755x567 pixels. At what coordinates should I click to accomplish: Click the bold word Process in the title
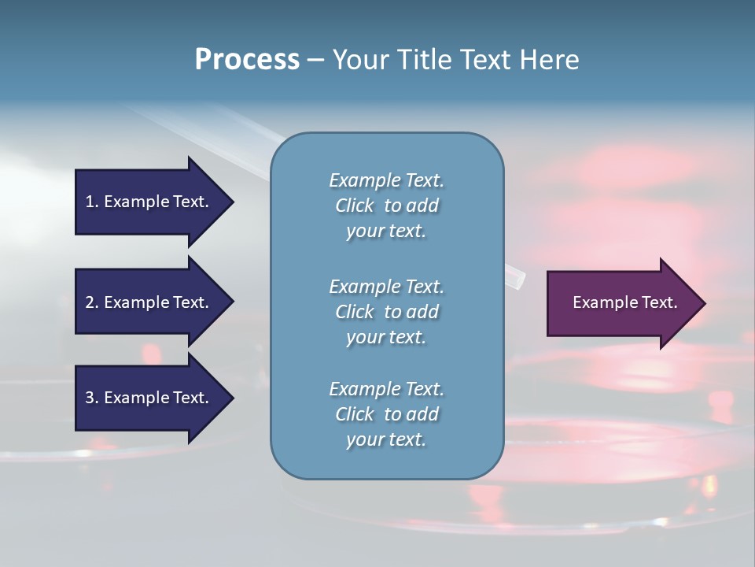pyautogui.click(x=247, y=60)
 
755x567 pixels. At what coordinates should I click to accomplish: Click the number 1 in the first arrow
pyautogui.click(x=90, y=202)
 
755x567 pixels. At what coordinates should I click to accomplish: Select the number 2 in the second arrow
pyautogui.click(x=90, y=302)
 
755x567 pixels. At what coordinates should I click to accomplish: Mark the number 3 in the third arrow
pyautogui.click(x=90, y=398)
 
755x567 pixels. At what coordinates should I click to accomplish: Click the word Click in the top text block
pyautogui.click(x=355, y=206)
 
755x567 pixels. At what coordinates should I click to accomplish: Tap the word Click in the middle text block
pyautogui.click(x=355, y=312)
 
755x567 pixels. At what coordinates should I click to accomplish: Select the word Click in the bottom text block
pyautogui.click(x=355, y=414)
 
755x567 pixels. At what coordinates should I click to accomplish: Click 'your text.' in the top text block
pyautogui.click(x=386, y=232)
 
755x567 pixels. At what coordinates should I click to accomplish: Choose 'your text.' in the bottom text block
pyautogui.click(x=386, y=440)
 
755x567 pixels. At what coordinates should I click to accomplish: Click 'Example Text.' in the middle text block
pyautogui.click(x=386, y=287)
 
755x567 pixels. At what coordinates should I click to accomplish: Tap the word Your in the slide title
pyautogui.click(x=358, y=60)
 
